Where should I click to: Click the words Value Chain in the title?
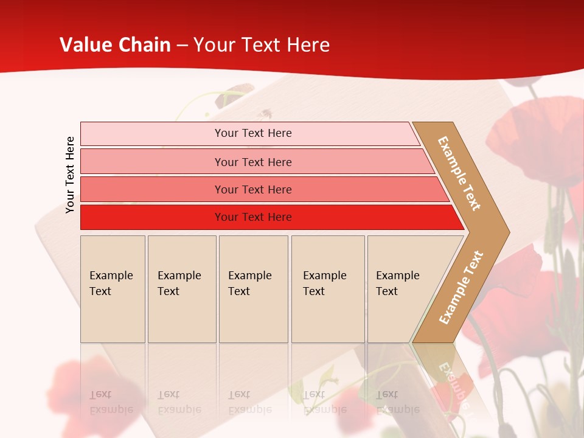point(115,45)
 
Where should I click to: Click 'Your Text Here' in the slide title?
point(262,45)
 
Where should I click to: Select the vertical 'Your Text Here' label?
point(70,175)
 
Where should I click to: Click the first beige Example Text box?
point(113,289)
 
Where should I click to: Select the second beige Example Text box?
point(182,289)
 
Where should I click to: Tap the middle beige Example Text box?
point(253,289)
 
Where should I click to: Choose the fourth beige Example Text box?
point(328,289)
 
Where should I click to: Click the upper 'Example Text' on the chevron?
point(459,173)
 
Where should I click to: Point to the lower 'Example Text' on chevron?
point(461,287)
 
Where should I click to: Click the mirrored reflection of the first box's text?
point(111,402)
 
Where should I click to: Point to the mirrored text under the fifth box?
point(397,402)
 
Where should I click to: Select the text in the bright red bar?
point(253,217)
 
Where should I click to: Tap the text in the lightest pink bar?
point(253,133)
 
